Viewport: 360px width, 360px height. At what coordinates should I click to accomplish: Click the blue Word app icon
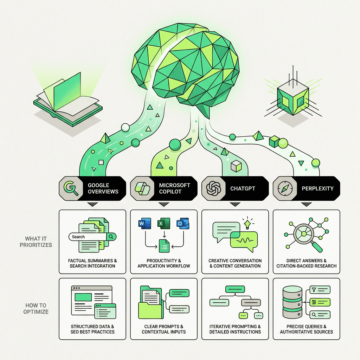[145, 224]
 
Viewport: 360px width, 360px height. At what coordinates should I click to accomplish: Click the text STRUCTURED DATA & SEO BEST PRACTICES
[92, 329]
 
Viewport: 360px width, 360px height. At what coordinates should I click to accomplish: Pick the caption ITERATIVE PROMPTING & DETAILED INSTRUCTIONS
[235, 329]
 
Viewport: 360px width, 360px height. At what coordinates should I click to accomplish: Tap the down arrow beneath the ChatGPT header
[235, 204]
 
